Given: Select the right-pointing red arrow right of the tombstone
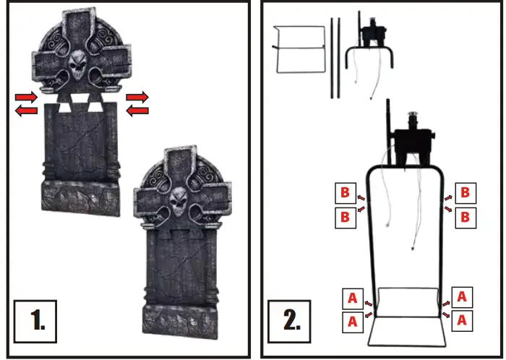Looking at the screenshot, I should tap(137, 96).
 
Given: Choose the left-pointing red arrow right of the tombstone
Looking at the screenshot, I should tap(137, 110).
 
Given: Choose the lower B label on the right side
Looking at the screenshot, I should tap(466, 216).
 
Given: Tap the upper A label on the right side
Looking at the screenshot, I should tap(463, 297).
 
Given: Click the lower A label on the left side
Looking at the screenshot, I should tap(353, 320).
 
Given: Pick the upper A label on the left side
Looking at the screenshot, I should tap(353, 297).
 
